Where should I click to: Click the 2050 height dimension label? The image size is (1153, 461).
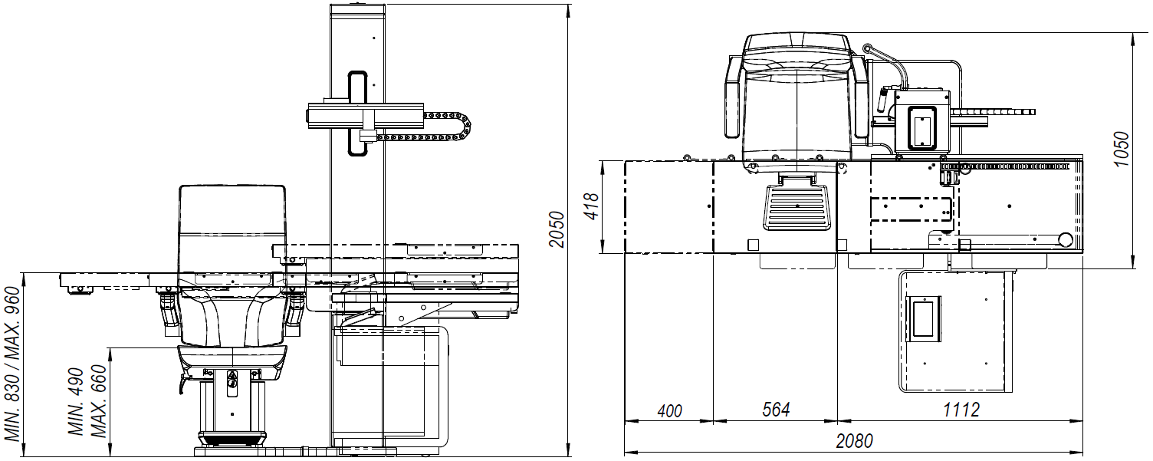click(557, 229)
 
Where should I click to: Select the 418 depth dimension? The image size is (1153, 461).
click(592, 206)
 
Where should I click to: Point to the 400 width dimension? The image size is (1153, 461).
click(670, 410)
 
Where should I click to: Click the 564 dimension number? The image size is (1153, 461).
click(776, 410)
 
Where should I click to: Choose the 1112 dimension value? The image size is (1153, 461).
click(961, 410)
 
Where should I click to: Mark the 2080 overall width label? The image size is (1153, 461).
click(855, 441)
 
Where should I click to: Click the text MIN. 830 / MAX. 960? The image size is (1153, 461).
click(12, 364)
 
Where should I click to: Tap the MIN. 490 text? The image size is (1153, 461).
click(76, 402)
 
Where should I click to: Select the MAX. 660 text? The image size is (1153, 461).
click(98, 401)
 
